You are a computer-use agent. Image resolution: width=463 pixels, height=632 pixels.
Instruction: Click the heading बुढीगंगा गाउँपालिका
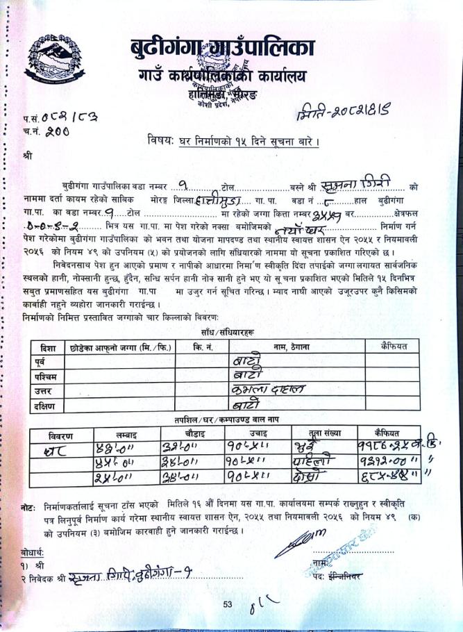tap(221, 49)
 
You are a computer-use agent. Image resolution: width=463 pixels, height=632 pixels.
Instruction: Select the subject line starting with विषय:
tap(233, 142)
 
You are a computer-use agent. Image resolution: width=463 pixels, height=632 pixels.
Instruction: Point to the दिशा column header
tap(48, 346)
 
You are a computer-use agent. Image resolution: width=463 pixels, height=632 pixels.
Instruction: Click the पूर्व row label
tap(43, 361)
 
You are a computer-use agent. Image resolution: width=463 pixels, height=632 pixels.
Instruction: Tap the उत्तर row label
tap(44, 390)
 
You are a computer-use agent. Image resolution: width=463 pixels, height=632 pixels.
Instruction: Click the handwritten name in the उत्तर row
tap(275, 390)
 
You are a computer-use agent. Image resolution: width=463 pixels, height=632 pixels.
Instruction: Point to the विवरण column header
tap(61, 435)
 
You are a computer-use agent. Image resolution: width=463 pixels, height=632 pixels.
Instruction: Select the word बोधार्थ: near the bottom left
tap(33, 553)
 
